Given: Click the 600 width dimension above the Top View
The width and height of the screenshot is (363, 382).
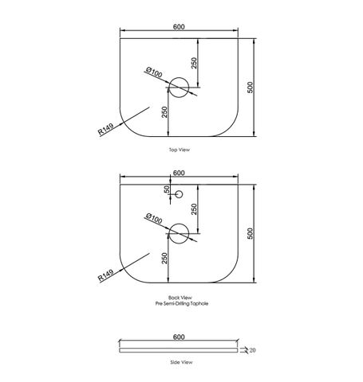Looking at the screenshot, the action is [179, 27].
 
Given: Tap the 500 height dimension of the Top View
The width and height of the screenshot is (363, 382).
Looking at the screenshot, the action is [251, 88].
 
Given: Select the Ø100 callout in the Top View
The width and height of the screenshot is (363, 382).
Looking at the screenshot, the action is [154, 72].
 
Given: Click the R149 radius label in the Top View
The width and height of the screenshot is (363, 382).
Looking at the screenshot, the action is [106, 129].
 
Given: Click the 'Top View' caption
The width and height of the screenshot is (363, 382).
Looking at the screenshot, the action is [180, 150].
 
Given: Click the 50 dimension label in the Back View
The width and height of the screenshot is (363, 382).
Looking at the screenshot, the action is [167, 189].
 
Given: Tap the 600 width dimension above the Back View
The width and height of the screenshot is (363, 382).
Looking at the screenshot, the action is [179, 173].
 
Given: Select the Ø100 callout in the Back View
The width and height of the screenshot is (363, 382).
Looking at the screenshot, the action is [154, 218].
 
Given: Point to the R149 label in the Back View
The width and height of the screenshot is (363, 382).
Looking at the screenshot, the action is [106, 275].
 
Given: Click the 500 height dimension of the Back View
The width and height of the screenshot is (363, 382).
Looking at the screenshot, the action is [251, 233].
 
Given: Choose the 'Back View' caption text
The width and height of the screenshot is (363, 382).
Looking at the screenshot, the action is [180, 298].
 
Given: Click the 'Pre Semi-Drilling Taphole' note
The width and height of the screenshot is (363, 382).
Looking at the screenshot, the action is [182, 303].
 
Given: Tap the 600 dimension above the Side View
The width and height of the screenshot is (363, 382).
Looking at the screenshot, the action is [179, 337].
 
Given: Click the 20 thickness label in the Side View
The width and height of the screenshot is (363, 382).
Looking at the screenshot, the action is [252, 350].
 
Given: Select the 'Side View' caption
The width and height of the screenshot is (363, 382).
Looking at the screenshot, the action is [181, 362].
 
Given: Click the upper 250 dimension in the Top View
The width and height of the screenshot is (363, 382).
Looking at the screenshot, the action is [195, 63].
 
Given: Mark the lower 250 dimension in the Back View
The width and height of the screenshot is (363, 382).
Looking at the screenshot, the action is [164, 259].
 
